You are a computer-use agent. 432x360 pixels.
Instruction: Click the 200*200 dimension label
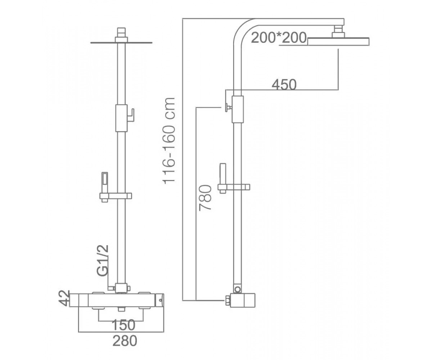coord(279,38)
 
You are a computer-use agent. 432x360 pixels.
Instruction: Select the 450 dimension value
coord(284,85)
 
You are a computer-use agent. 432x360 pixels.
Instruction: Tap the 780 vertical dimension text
coord(205,198)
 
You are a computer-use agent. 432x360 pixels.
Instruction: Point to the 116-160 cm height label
coord(169,141)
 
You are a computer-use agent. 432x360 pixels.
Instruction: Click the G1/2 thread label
coord(103,261)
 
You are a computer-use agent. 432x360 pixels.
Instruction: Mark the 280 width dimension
coord(125,341)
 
